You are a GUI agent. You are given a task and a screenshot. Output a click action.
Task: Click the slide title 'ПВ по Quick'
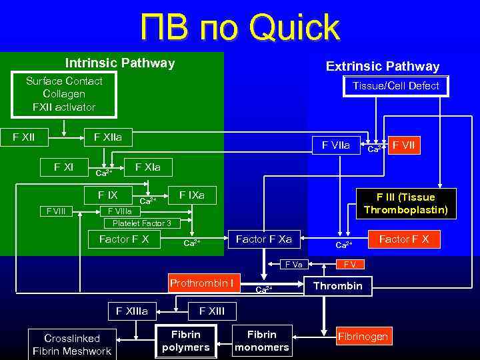pyautogui.click(x=239, y=28)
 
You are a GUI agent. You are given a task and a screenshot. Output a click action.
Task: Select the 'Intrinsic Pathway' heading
pyautogui.click(x=120, y=63)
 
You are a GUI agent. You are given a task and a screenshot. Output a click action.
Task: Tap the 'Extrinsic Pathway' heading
pyautogui.click(x=382, y=66)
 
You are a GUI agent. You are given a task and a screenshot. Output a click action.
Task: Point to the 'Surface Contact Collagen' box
pyautogui.click(x=64, y=94)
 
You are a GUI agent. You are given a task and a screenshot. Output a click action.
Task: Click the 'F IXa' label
pyautogui.click(x=191, y=195)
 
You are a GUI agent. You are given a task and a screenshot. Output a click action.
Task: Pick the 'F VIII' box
pyautogui.click(x=56, y=211)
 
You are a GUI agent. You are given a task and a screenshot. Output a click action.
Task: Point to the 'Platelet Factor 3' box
pyautogui.click(x=141, y=223)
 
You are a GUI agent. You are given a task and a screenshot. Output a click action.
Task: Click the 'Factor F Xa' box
pyautogui.click(x=264, y=239)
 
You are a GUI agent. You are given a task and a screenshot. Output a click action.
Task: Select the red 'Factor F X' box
pyautogui.click(x=404, y=239)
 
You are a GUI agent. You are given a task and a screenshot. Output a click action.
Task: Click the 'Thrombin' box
pyautogui.click(x=338, y=286)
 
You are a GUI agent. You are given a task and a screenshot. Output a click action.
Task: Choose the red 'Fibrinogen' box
pyautogui.click(x=363, y=337)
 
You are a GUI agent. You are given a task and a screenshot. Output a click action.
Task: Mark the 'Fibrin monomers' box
pyautogui.click(x=262, y=341)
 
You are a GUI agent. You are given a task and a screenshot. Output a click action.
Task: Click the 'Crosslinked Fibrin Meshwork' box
pyautogui.click(x=72, y=345)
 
